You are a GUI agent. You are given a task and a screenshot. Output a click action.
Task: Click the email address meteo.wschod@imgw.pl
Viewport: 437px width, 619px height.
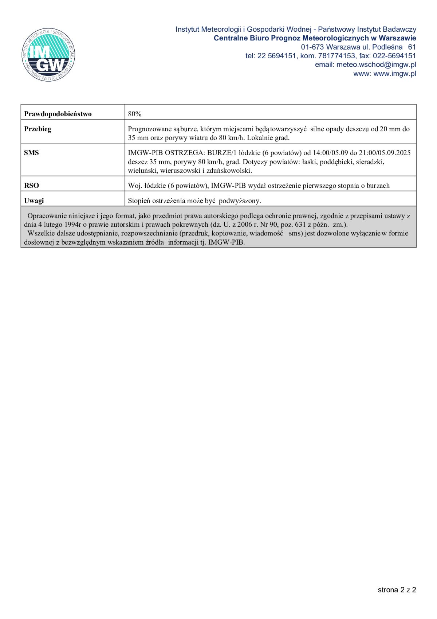tap(376, 65)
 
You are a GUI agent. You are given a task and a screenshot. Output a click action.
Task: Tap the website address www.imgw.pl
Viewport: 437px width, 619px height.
tap(395, 73)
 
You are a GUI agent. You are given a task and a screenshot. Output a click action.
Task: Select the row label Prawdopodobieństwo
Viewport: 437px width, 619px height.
tap(58, 114)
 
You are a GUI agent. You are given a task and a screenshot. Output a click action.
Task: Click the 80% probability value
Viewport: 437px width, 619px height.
tap(135, 114)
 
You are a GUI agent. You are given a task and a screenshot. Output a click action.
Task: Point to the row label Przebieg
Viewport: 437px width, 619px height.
tap(38, 129)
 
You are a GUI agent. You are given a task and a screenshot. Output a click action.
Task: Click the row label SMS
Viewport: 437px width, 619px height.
tap(31, 153)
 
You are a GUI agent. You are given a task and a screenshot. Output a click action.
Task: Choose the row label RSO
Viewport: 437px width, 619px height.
tap(31, 186)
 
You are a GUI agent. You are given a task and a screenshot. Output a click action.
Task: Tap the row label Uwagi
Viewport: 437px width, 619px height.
tap(34, 201)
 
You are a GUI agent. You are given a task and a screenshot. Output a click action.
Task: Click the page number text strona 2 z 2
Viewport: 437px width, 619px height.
tap(397, 590)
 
